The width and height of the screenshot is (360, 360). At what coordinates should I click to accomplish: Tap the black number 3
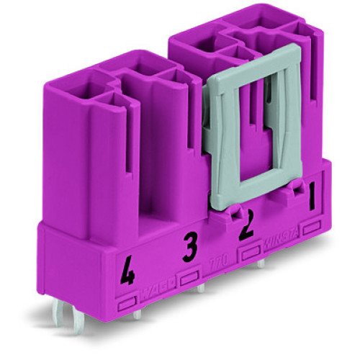point(189,249)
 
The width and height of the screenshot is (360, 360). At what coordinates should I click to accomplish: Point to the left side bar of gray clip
point(228,137)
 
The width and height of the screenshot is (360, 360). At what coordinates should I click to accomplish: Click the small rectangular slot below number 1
point(312,228)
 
